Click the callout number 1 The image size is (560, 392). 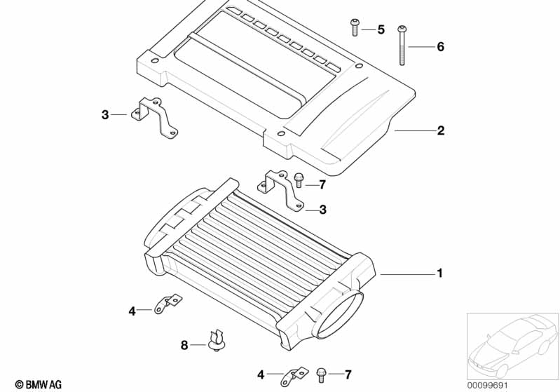click(440, 273)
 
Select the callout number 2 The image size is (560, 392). click(441, 130)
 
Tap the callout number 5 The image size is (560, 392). click(381, 29)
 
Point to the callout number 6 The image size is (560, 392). click(441, 46)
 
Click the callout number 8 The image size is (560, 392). click(184, 345)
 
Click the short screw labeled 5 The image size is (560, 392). click(355, 27)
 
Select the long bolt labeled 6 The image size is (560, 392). click(402, 46)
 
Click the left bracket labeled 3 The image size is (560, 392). click(155, 117)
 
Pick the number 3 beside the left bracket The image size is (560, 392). click(105, 115)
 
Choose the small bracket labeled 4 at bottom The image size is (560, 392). click(294, 376)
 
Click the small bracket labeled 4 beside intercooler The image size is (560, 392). click(168, 304)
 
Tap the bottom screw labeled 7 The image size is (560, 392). click(321, 375)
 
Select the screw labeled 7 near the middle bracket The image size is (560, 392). click(299, 180)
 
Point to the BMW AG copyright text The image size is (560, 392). click(39, 384)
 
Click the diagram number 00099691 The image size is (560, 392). click(487, 385)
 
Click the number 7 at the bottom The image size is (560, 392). click(348, 374)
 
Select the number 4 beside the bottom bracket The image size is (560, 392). click(261, 374)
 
